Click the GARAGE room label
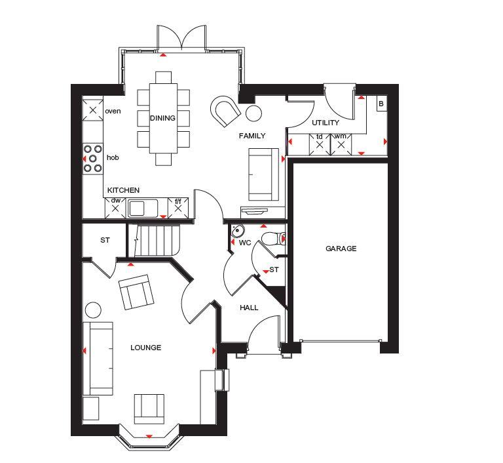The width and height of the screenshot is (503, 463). click(341, 249)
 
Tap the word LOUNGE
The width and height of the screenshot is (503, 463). click(145, 348)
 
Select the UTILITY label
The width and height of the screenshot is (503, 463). click(326, 123)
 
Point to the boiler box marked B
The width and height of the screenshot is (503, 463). click(381, 104)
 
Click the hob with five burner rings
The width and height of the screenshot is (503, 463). click(93, 159)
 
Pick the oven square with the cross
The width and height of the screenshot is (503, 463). click(93, 110)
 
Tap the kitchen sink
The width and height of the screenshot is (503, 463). click(143, 208)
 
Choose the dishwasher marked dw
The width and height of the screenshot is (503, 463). click(115, 208)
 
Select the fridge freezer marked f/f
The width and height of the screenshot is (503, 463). click(178, 208)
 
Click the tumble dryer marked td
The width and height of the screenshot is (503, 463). click(320, 144)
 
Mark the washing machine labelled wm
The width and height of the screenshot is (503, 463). click(341, 144)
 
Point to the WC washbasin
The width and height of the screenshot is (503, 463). click(237, 230)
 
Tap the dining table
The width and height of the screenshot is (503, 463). click(163, 118)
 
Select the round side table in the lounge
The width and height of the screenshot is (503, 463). click(94, 310)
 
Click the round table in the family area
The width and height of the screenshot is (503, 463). click(253, 113)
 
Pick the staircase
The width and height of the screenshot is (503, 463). click(154, 240)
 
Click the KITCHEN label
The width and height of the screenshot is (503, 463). click(124, 190)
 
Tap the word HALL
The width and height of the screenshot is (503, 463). click(249, 308)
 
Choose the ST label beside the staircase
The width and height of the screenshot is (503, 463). click(105, 240)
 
